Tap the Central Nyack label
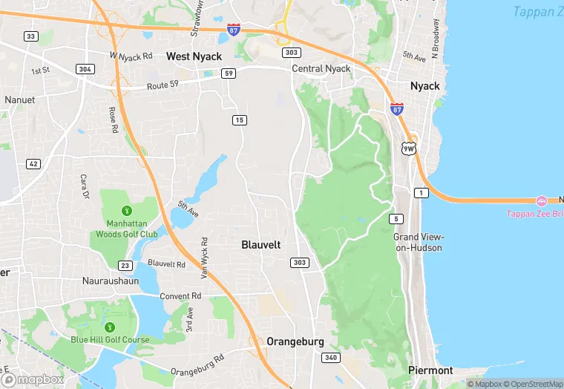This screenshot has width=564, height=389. click(x=321, y=69)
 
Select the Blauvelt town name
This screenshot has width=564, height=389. click(x=261, y=243)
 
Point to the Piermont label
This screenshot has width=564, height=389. click(x=430, y=370)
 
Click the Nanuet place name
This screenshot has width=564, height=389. click(x=19, y=99)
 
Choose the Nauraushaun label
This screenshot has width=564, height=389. click(x=111, y=281)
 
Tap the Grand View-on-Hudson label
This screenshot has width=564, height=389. click(x=418, y=242)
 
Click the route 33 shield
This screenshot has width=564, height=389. click(x=30, y=36)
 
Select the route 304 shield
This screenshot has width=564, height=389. click(x=85, y=69)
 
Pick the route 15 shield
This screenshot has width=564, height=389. click(x=239, y=120)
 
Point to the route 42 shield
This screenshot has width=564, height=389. click(x=33, y=163)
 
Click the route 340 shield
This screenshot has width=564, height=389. click(x=331, y=358)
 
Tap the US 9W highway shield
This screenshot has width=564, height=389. click(x=409, y=148)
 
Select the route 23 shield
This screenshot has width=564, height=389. click(x=125, y=265)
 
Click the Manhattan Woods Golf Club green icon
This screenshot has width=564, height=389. click(x=126, y=211)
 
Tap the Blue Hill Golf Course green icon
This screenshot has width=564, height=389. click(x=110, y=327)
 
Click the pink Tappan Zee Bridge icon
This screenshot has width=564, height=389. click(x=542, y=200)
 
